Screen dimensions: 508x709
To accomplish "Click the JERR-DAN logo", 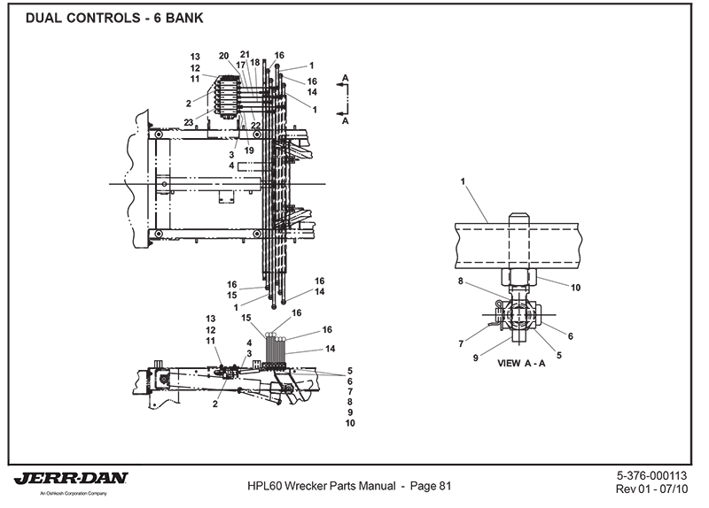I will coord(71,479).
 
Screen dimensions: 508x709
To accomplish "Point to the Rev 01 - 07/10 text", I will coord(658,489).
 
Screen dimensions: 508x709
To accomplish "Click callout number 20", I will coord(223,56).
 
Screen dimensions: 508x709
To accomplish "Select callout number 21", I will coord(245,55).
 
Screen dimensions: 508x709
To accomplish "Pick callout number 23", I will coord(189,122).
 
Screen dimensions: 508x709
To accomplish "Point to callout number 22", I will coord(255,126).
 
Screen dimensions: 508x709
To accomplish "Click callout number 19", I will coord(249,150).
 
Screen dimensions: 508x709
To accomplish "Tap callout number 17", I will coord(240,65).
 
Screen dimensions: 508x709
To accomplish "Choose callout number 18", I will coord(255,62).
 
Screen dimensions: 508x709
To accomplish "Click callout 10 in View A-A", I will coord(575,288).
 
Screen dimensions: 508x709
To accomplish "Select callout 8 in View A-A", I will coord(462,282).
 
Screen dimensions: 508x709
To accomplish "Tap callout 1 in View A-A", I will coord(464,181).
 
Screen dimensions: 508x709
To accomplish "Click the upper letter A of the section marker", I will coord(346,78).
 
